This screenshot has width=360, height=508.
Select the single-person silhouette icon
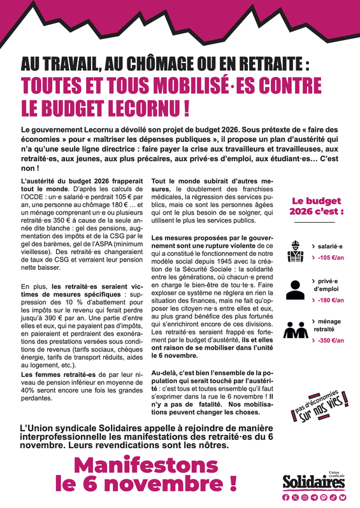tap(294, 290)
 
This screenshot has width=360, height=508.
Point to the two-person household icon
tap(294, 330)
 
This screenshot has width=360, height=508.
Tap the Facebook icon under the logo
tap(286, 497)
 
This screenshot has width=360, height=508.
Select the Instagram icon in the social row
tap(305, 497)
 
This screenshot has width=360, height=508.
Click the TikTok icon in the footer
tap(333, 497)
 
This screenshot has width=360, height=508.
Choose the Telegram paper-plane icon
tap(315, 497)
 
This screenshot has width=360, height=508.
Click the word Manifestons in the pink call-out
tap(143, 465)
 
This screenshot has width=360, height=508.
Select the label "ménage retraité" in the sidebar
tap(329, 325)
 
